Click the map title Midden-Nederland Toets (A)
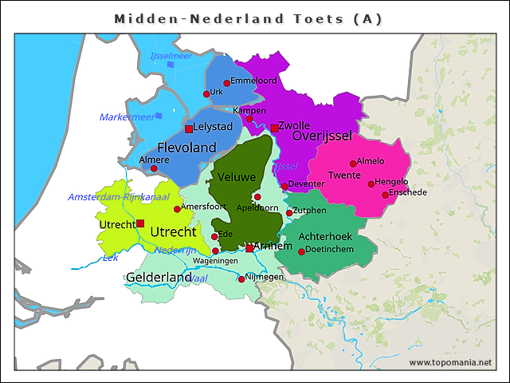(x=248, y=18)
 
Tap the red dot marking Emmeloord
(x=226, y=83)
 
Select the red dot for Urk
(x=206, y=94)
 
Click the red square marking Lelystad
(x=189, y=128)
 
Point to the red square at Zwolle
(x=274, y=128)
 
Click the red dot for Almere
(x=154, y=169)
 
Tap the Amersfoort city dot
(x=177, y=210)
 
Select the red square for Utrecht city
(x=140, y=223)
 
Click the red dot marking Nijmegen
(x=241, y=279)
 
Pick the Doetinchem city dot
(x=301, y=252)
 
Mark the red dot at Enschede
(x=385, y=195)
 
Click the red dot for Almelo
(x=353, y=164)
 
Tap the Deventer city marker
(x=284, y=186)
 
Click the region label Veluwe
(x=235, y=176)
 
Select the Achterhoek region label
(x=325, y=237)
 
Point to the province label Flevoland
(x=186, y=148)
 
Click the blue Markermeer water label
(x=127, y=117)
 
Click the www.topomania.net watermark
(x=450, y=363)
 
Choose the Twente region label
(x=344, y=176)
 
